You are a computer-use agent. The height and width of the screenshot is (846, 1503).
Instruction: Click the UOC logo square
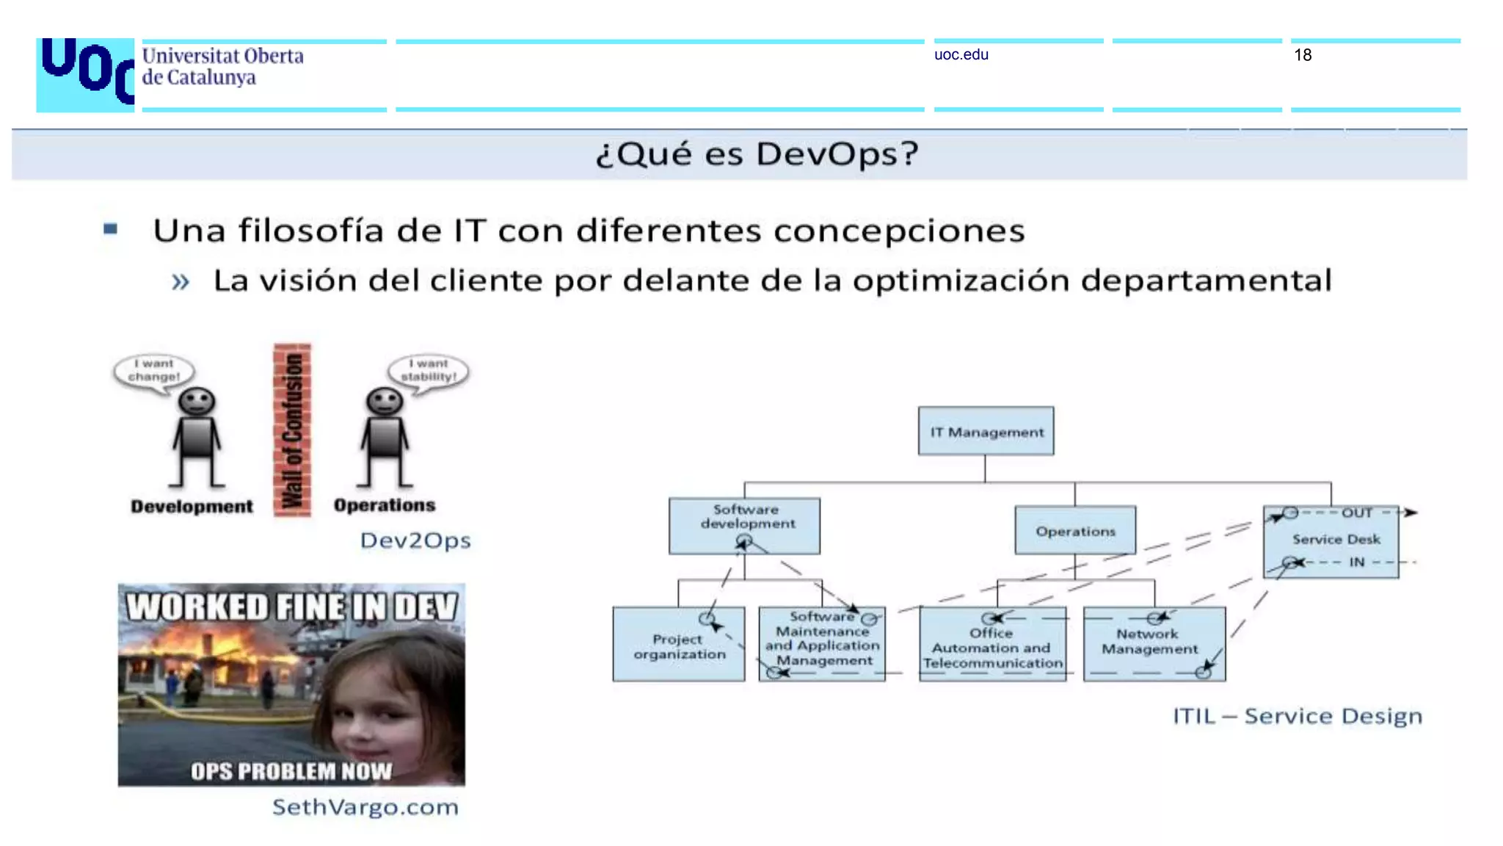click(x=85, y=75)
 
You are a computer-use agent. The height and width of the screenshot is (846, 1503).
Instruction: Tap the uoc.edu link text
click(x=961, y=55)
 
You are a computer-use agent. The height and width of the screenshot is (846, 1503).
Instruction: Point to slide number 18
click(x=1303, y=55)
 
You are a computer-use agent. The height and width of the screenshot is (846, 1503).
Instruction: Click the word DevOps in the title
click(x=837, y=154)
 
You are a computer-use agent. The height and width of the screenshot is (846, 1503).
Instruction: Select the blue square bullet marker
click(x=111, y=229)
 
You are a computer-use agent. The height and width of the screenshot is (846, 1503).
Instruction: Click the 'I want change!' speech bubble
click(x=154, y=371)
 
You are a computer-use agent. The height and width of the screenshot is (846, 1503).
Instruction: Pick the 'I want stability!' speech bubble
click(x=429, y=371)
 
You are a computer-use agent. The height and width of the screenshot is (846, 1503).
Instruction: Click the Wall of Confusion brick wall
click(x=292, y=430)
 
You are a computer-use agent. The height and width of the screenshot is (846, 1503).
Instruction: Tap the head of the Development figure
click(x=197, y=402)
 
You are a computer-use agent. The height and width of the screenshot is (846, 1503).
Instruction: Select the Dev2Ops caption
click(x=415, y=540)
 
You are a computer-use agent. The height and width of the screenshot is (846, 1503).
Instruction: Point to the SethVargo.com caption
click(x=365, y=807)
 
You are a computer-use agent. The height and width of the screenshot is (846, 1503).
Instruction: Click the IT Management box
click(x=986, y=432)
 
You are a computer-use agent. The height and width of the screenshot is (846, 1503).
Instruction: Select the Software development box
click(x=744, y=525)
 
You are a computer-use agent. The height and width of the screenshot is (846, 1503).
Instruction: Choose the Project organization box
click(x=679, y=644)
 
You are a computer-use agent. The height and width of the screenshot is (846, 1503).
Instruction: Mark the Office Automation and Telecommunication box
click(x=992, y=644)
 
